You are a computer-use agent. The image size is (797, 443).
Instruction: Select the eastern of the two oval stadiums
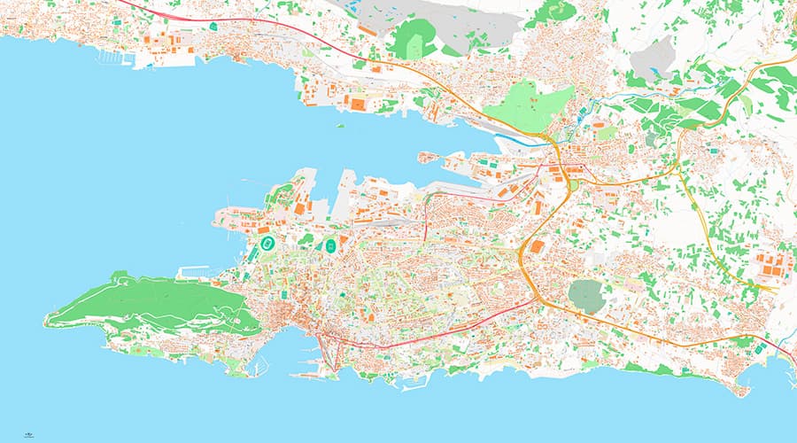tap(331, 245)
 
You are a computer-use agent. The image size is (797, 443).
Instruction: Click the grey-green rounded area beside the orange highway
tap(585, 295)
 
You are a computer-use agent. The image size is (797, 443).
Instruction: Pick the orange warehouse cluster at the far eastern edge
tap(767, 267)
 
